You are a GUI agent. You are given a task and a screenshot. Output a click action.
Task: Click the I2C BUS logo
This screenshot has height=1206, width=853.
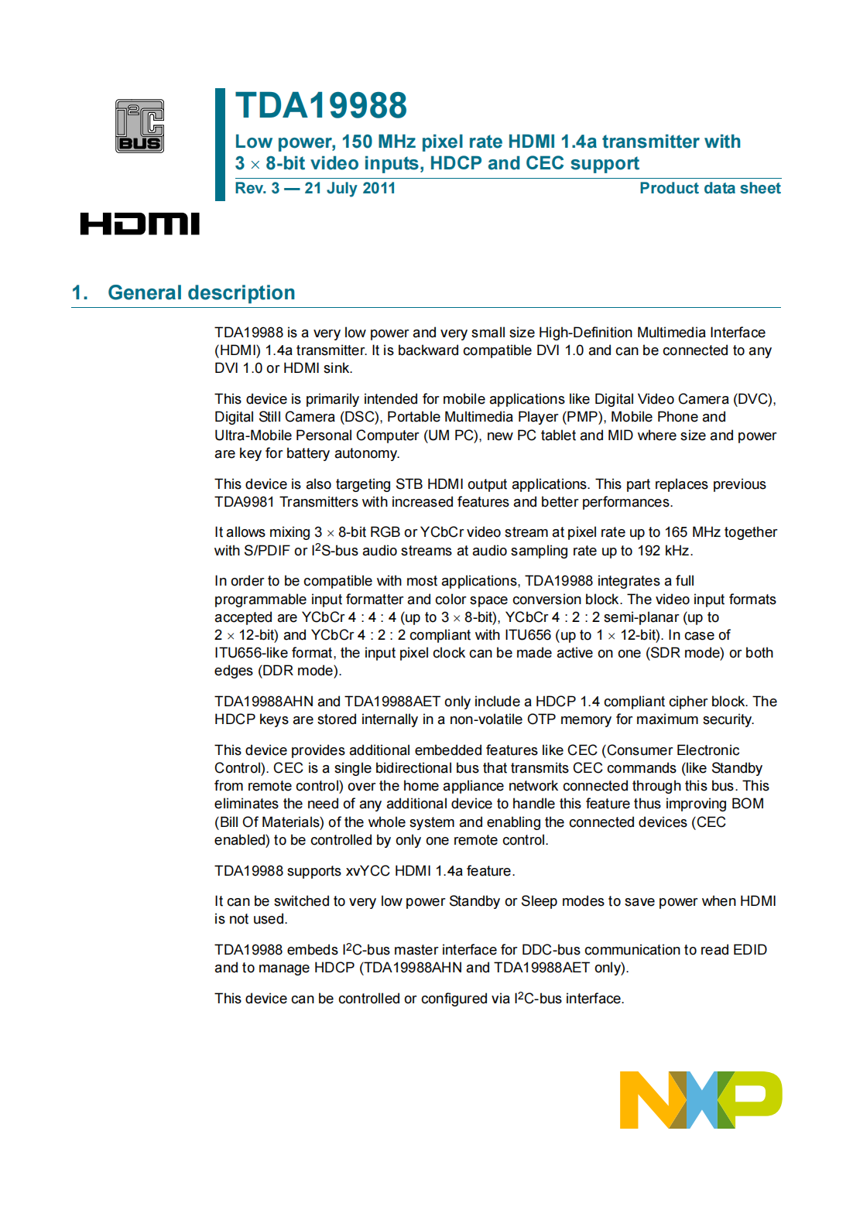pos(139,126)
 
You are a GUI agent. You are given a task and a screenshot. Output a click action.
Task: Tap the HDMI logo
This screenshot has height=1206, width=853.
pos(139,224)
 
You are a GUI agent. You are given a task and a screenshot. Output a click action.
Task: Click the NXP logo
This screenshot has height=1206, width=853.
pos(701,1099)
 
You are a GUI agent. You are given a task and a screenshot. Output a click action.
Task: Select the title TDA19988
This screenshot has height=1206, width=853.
pos(321,106)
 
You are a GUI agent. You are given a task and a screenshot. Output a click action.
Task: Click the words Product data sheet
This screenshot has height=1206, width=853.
pos(710,188)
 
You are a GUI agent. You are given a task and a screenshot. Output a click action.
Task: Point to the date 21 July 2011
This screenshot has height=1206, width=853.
pos(350,188)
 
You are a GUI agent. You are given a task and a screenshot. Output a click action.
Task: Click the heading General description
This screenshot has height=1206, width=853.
pos(201,292)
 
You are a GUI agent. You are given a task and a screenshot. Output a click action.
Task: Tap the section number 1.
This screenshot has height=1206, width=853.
pos(79,292)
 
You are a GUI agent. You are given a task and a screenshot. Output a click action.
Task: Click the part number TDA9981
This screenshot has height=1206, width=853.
pos(245,502)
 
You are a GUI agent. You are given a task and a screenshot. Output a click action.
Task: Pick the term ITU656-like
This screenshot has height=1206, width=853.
pos(250,653)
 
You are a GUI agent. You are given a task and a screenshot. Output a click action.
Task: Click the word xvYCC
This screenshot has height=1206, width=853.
pos(368,871)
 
